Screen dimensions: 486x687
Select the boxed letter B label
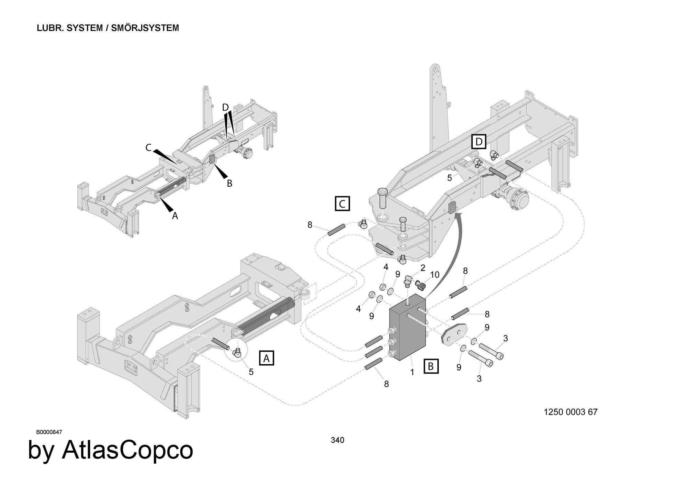(431, 366)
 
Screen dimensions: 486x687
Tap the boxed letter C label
(342, 203)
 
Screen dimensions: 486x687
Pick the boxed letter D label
(479, 142)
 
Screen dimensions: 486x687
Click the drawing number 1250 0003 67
(571, 412)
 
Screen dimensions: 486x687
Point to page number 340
(337, 440)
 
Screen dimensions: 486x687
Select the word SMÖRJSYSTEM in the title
(145, 28)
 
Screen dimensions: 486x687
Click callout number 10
(435, 275)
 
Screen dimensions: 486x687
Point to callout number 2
(423, 268)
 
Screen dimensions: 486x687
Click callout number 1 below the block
(412, 372)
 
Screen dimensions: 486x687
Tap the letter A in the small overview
(175, 216)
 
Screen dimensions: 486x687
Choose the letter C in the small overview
(148, 147)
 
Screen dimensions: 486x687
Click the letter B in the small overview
(229, 184)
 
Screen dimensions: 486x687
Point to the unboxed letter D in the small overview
(225, 108)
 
